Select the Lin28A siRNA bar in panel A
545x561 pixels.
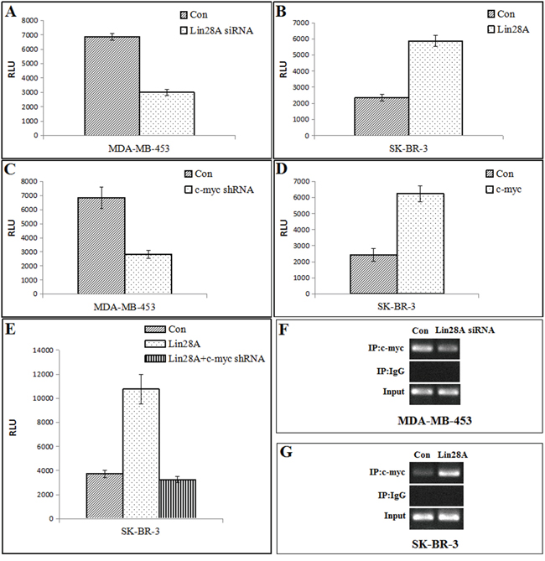[x=167, y=113]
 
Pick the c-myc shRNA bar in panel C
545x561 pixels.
[x=148, y=273]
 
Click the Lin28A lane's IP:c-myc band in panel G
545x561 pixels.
[x=449, y=472]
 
